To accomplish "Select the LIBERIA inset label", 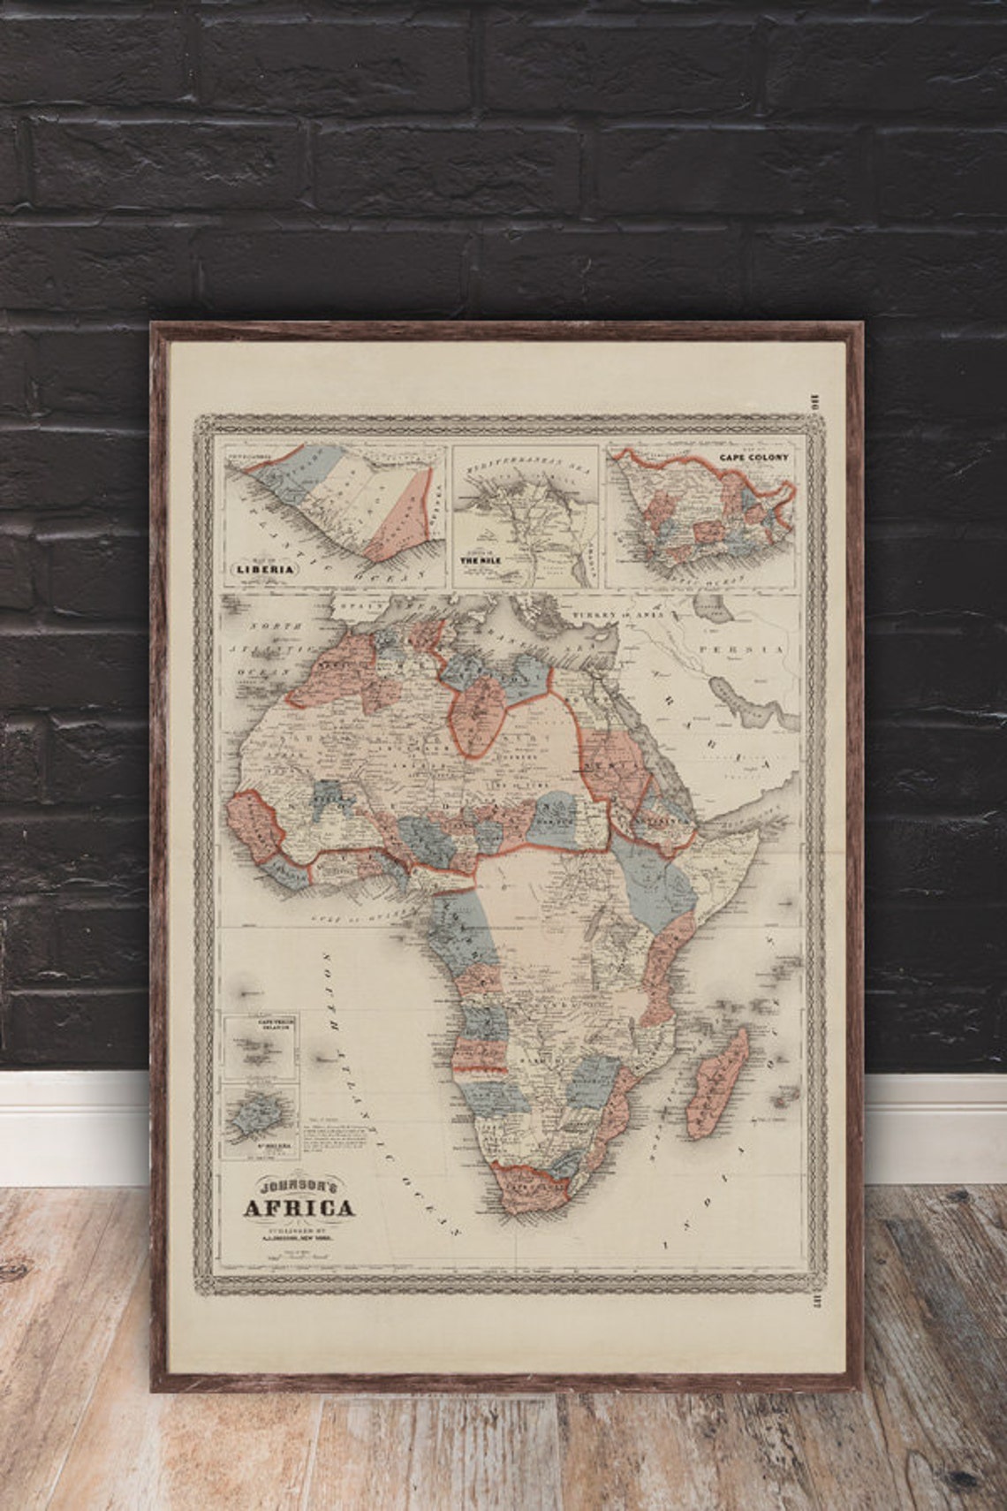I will (262, 569).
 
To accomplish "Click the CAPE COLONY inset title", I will (753, 458).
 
